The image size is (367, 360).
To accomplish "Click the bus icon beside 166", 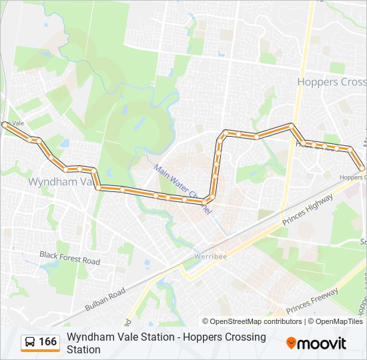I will pyautogui.click(x=30, y=343).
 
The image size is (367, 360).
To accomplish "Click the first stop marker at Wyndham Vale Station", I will pyautogui.click(x=5, y=125).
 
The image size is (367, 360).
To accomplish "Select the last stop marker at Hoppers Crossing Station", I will pyautogui.click(x=362, y=168).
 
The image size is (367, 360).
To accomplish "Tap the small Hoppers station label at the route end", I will pyautogui.click(x=351, y=177).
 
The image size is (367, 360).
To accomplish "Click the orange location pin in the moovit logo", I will pyautogui.click(x=291, y=343).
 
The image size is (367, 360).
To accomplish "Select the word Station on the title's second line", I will pyautogui.click(x=83, y=350).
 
